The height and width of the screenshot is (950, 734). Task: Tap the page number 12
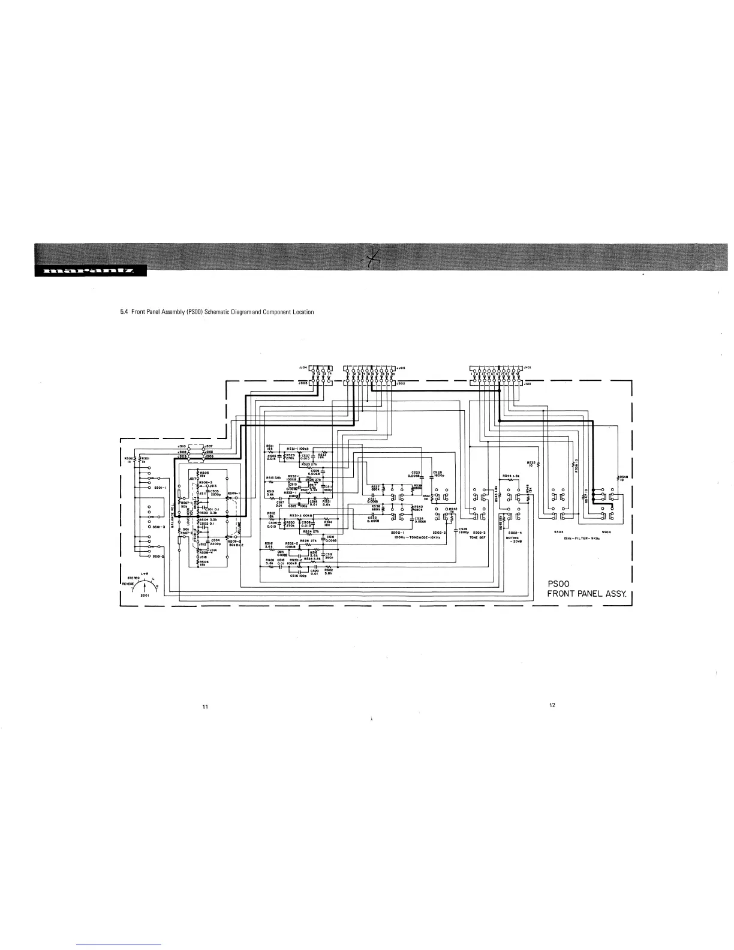[552, 705]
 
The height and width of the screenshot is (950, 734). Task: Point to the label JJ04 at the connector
[302, 368]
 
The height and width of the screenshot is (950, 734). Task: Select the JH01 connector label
[528, 368]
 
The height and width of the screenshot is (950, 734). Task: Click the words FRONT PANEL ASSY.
[587, 595]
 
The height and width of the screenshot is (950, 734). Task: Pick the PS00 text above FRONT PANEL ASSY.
[558, 584]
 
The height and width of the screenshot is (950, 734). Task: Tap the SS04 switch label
[606, 532]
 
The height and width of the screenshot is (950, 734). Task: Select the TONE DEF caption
[478, 537]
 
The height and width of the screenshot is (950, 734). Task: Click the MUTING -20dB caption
[515, 539]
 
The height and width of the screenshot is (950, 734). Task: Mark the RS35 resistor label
[531, 464]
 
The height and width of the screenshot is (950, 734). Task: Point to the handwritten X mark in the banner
[373, 259]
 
